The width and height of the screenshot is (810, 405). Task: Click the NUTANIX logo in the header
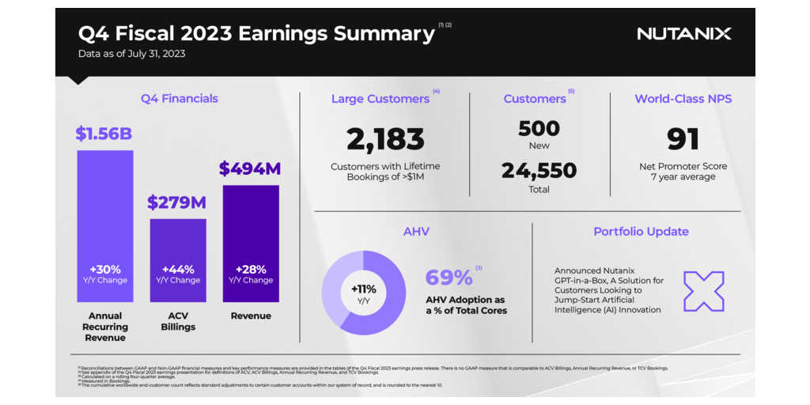pos(683,33)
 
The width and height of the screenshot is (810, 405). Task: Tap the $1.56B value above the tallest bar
pos(104,134)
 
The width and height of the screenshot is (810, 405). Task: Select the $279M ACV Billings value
pos(176,202)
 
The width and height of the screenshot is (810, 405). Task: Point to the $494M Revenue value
pos(250,168)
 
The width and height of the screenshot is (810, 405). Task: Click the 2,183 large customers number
pos(385,139)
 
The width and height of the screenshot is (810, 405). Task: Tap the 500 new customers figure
pos(539,128)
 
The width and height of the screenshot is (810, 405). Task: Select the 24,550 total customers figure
pos(539,170)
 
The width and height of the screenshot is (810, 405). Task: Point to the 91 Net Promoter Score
pos(683,139)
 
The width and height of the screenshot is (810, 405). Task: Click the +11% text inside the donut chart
pos(364,289)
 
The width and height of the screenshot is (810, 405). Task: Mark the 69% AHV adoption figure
pos(449,278)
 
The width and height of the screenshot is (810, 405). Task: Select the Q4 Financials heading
pos(180,99)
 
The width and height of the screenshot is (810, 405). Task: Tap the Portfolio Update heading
pos(641,232)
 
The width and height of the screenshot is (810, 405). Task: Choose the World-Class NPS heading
pos(683,99)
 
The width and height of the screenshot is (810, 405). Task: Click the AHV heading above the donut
pos(415,232)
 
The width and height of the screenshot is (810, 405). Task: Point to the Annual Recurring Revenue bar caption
pos(105,327)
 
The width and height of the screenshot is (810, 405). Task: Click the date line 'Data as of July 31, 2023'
pos(131,54)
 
